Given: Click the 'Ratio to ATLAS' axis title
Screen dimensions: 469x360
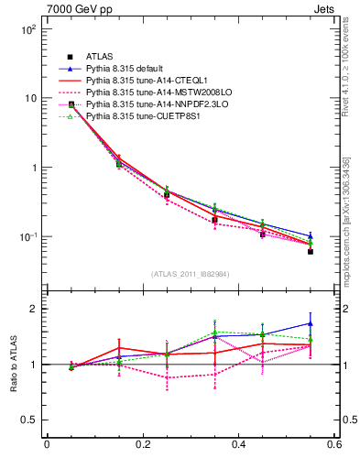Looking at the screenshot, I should click(13, 365).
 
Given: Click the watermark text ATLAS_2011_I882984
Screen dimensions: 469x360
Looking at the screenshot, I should click(191, 274).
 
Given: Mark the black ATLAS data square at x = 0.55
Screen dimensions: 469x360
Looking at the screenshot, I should click(311, 251).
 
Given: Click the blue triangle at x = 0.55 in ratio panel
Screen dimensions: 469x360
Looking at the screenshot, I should click(311, 323).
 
